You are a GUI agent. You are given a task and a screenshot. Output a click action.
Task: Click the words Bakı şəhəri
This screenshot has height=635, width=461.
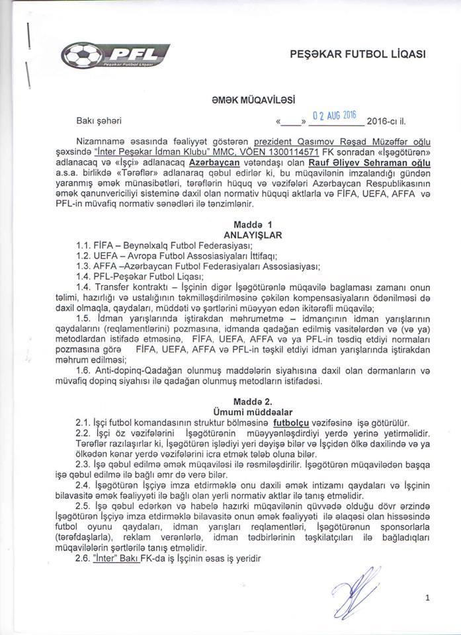pyautogui.click(x=100, y=122)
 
